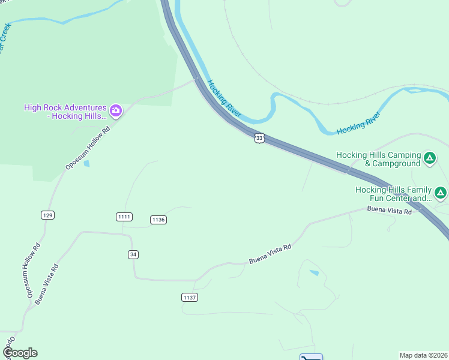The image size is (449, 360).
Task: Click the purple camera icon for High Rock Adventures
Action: tap(116, 110)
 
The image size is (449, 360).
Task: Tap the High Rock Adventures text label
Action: tap(65, 112)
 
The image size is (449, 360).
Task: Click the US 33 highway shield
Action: tap(259, 138)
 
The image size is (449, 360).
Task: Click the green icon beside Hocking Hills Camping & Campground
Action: tap(430, 158)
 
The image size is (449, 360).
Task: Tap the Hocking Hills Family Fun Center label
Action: tap(394, 193)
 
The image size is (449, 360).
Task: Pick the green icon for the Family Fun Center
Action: tap(441, 193)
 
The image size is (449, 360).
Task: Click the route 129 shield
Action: tap(48, 215)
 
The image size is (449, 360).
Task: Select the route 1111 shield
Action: tap(124, 216)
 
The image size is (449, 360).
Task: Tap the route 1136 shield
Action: tap(158, 220)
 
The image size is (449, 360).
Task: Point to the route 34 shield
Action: tap(133, 254)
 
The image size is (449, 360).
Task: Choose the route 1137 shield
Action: tap(189, 297)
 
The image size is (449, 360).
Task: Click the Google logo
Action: tap(20, 353)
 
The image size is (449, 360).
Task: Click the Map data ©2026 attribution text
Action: tap(424, 355)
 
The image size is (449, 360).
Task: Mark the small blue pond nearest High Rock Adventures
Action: tap(88, 163)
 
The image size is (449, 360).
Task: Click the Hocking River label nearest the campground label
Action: tap(358, 122)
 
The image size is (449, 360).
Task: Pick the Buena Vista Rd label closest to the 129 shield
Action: tap(46, 284)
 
